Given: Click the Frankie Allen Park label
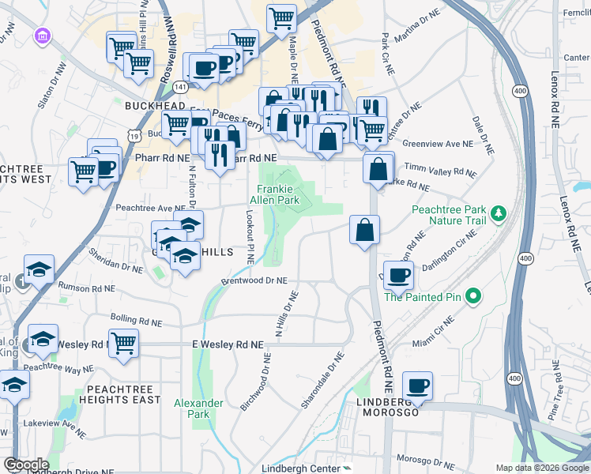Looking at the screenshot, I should (277, 195).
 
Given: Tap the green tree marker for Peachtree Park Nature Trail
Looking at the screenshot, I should (498, 213).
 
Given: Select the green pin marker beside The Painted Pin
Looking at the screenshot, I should (473, 297).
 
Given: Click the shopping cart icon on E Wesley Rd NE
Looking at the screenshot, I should (124, 344).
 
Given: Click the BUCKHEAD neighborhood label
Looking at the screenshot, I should (154, 105).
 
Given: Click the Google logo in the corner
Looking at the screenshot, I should (26, 465).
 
